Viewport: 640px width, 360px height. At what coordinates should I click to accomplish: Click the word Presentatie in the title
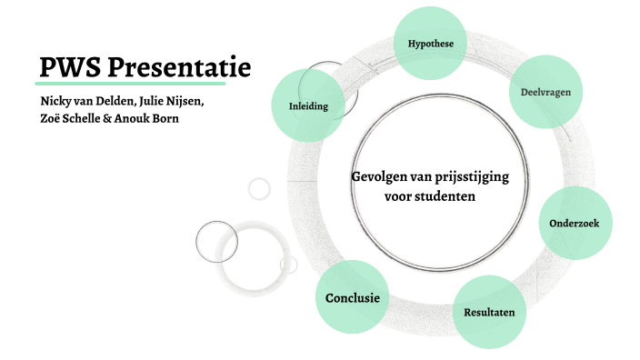(179, 66)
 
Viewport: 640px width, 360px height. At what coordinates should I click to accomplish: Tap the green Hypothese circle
(431, 43)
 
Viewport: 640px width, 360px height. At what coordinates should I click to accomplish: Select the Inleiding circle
(308, 105)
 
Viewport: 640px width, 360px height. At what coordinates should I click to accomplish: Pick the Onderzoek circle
(575, 223)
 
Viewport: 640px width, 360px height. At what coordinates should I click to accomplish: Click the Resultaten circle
(489, 312)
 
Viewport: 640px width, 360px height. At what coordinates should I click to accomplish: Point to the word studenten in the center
(445, 195)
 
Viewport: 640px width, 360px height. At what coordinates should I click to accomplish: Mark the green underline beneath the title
(145, 83)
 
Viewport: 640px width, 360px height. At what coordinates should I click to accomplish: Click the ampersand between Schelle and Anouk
(122, 119)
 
